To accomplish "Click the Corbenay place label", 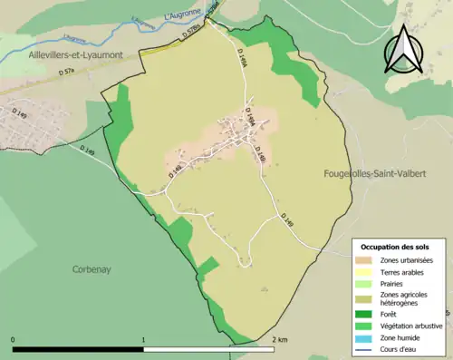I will tap(91, 269).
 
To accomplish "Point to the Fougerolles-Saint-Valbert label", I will tap(381, 173).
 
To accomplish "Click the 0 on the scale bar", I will tap(14, 339).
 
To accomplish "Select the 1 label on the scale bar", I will tap(143, 339).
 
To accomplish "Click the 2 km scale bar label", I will tap(279, 339).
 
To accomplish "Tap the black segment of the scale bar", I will tap(78, 348).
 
